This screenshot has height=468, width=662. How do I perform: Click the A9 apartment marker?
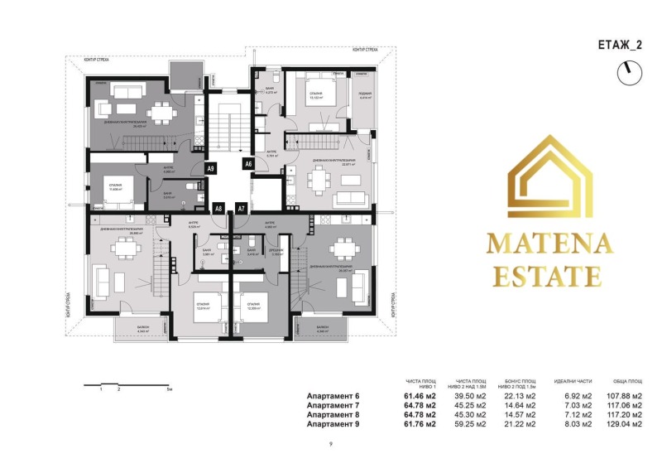click(x=210, y=169)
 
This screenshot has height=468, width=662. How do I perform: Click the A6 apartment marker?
click(x=247, y=165)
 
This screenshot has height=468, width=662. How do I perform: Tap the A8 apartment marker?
click(x=218, y=209)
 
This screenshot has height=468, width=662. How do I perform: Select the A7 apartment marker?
click(x=241, y=209)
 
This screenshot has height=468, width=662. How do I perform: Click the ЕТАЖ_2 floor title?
click(x=618, y=46)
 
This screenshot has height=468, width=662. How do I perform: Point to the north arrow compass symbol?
click(x=628, y=73)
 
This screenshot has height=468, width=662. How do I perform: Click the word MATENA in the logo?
click(x=549, y=244)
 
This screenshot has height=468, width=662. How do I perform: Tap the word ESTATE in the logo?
click(x=548, y=276)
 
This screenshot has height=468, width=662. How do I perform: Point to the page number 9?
click(x=330, y=445)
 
